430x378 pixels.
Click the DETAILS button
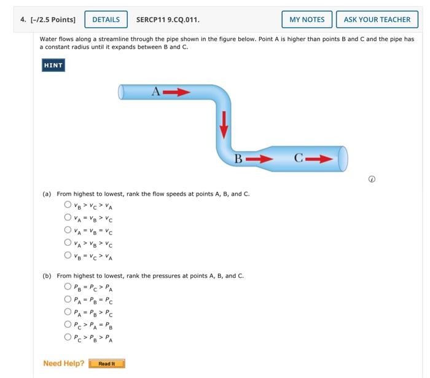click(106, 20)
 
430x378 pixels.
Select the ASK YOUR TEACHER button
click(377, 20)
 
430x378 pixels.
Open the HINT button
click(53, 65)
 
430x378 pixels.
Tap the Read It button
click(107, 364)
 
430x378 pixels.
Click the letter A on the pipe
click(156, 92)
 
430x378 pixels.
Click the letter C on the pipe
click(298, 159)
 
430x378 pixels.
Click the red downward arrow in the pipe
click(224, 124)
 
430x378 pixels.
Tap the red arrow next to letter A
click(177, 92)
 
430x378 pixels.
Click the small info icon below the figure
click(372, 179)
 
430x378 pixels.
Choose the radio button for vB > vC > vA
click(68, 205)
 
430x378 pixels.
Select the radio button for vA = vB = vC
click(68, 230)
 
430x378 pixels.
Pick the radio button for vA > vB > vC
click(68, 243)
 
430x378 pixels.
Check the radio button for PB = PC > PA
click(68, 286)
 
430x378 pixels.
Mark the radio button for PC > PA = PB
click(68, 324)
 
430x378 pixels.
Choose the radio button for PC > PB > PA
click(68, 337)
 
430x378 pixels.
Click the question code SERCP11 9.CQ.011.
click(168, 20)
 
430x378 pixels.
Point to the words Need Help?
click(64, 363)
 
